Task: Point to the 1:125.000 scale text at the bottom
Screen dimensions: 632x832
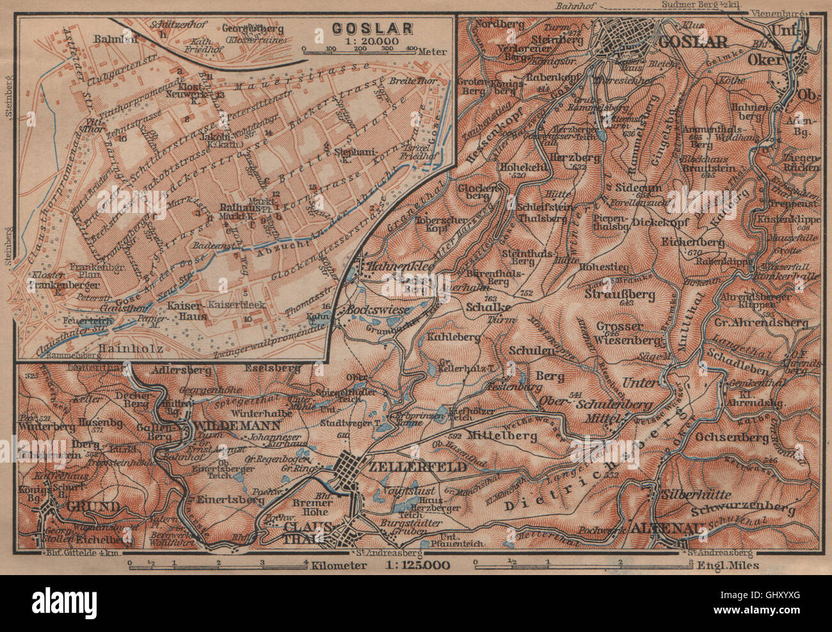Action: (x=419, y=565)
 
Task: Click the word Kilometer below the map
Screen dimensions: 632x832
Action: (x=340, y=565)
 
